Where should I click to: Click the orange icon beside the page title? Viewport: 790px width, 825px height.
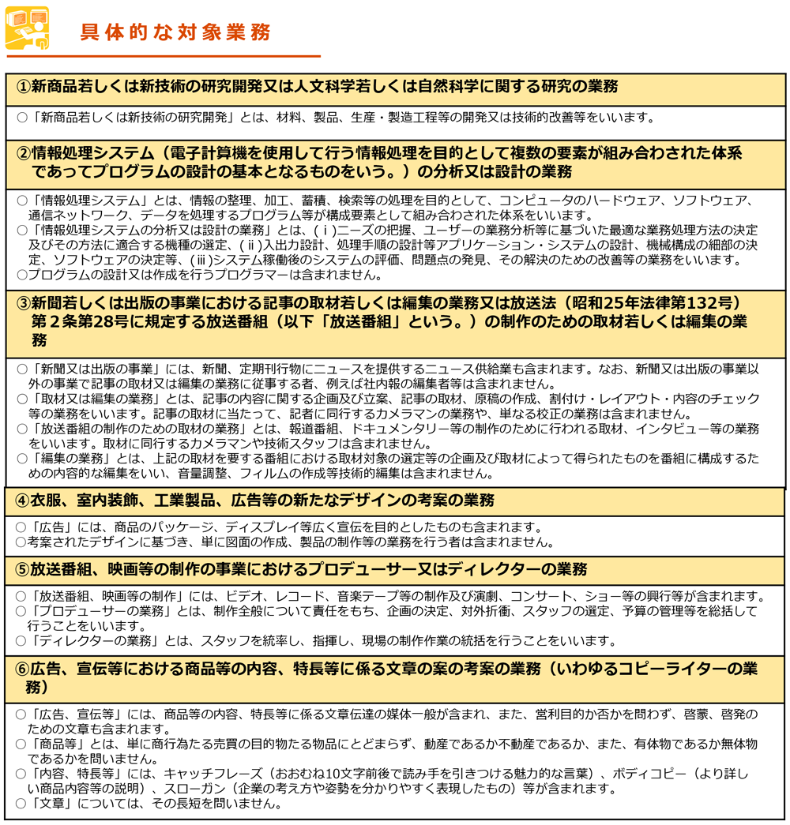27,28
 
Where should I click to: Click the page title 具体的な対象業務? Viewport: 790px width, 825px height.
175,32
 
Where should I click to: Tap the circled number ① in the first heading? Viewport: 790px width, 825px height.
24,87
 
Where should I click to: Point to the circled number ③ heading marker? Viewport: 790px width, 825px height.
24,303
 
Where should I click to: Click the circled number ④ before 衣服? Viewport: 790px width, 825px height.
24,500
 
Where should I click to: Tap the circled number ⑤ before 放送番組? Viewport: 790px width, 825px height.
24,569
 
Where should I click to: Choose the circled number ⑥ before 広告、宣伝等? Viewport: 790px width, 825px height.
24,669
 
